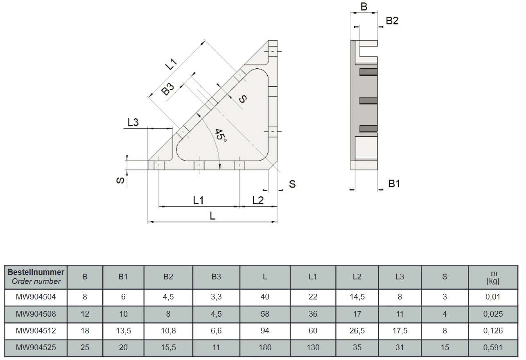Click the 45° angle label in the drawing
point(221,135)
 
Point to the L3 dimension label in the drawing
point(133,122)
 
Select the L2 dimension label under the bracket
point(258,200)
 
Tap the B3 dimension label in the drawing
point(168,89)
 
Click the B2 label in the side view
point(392,21)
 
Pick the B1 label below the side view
point(394,184)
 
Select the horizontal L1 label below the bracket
point(199,200)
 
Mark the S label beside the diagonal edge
point(243,99)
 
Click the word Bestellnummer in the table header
point(36,272)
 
